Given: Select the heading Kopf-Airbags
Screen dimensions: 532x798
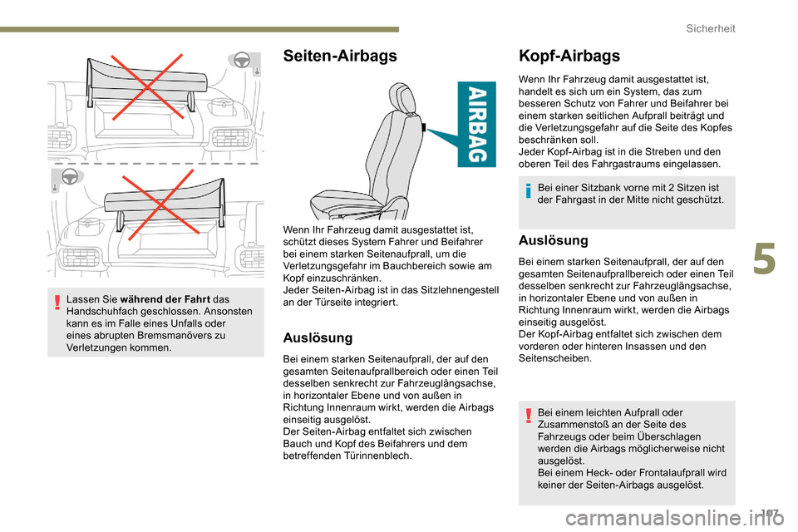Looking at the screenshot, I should [x=569, y=57].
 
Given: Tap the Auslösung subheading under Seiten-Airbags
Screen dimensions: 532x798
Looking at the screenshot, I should [x=318, y=338].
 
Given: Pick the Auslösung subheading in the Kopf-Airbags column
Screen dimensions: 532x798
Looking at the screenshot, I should [x=552, y=240].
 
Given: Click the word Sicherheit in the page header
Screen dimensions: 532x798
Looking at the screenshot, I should [x=711, y=28].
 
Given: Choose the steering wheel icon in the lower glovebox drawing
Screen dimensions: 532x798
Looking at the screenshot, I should [x=69, y=177].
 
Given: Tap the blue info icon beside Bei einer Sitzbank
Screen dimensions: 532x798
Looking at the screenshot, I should [x=528, y=194].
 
